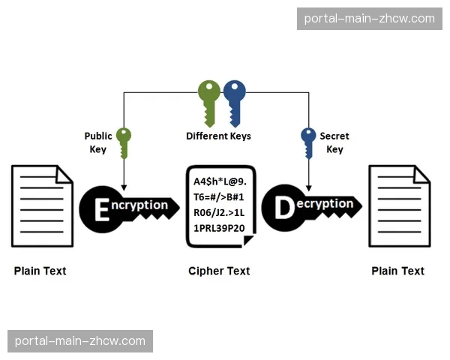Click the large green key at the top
pyautogui.click(x=209, y=103)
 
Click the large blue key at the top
pyautogui.click(x=235, y=103)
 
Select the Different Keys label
pyautogui.click(x=218, y=136)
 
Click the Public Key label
pyautogui.click(x=98, y=142)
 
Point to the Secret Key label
pyautogui.click(x=334, y=142)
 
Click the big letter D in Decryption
pyautogui.click(x=284, y=208)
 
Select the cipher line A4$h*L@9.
pyautogui.click(x=220, y=181)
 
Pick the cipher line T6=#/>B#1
pyautogui.click(x=219, y=197)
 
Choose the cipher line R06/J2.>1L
pyautogui.click(x=219, y=213)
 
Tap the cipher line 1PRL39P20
pyautogui.click(x=219, y=228)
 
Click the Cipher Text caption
pyautogui.click(x=219, y=271)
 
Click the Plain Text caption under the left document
pyautogui.click(x=40, y=271)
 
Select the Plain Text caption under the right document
pyautogui.click(x=397, y=271)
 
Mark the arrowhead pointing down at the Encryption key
pyautogui.click(x=124, y=188)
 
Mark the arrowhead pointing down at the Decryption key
pyautogui.click(x=309, y=188)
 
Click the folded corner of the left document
pyautogui.click(x=64, y=175)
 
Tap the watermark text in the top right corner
pyautogui.click(x=370, y=19)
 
